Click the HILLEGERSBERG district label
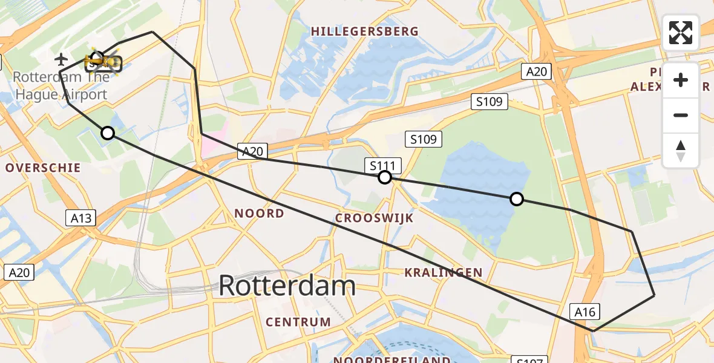pos(364,31)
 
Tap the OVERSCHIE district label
pos(43,168)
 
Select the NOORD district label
pos(259,213)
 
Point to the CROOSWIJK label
pos(375,218)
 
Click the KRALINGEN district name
pos(444,273)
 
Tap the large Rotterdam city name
pos(287,285)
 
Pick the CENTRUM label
pos(298,322)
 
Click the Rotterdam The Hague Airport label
pos(61,85)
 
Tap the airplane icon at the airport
pos(61,59)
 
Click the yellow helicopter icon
pos(99,60)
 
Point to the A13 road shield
pos(80,218)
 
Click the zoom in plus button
pos(681,80)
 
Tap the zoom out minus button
pos(681,115)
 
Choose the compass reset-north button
pos(681,151)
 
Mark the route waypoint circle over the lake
pos(517,199)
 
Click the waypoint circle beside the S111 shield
pos(385,177)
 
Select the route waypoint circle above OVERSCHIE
pos(108,133)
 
